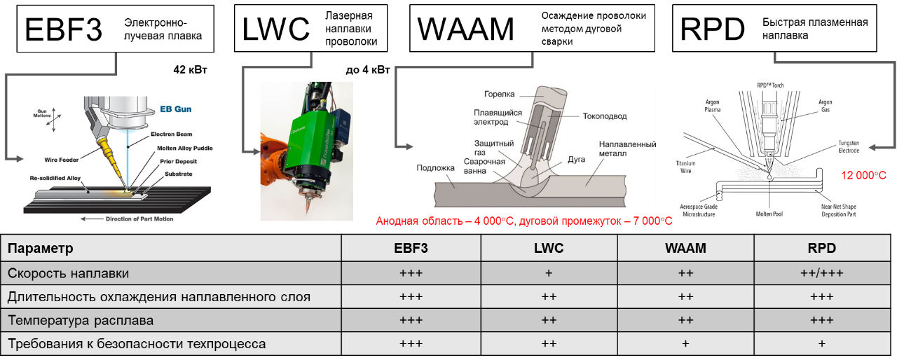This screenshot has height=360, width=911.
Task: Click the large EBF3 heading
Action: coord(63,29)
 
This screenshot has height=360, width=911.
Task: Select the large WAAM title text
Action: coord(465,29)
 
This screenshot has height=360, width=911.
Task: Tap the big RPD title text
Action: coord(713,30)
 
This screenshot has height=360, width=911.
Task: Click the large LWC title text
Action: coord(275,29)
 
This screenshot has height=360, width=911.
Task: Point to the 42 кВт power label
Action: coord(191,70)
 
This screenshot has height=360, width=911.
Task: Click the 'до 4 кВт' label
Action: coord(368,70)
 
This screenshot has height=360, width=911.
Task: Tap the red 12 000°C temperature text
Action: coord(864,175)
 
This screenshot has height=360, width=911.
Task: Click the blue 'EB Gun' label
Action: coord(177,109)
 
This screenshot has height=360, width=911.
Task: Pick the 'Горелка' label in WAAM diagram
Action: coord(499,94)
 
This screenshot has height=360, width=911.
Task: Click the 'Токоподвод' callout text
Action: coord(605,116)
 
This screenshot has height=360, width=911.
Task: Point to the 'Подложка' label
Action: coord(437,167)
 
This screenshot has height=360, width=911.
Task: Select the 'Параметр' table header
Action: coord(41,249)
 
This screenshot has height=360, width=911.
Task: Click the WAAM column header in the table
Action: coord(685,249)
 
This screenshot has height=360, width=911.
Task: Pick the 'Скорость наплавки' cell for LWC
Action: coord(549,272)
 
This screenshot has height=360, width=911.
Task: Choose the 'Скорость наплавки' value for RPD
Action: coord(821,272)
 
